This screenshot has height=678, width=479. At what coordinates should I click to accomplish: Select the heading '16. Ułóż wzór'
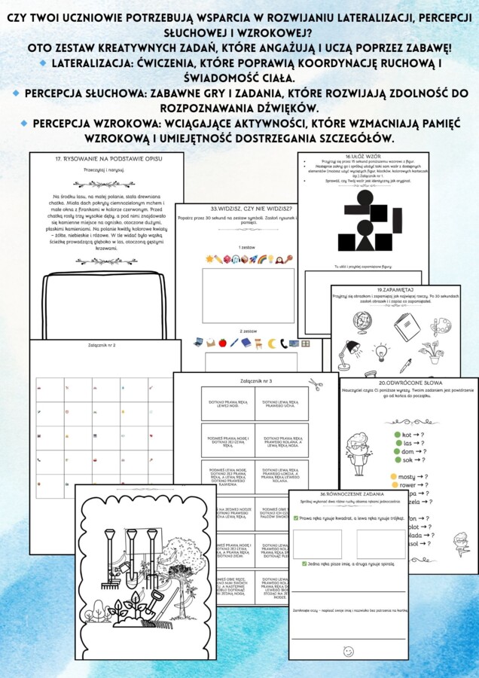pyautogui.click(x=362, y=156)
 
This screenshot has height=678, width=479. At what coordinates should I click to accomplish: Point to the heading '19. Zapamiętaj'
pyautogui.click(x=396, y=289)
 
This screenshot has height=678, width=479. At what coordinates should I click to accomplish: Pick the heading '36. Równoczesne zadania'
pyautogui.click(x=348, y=494)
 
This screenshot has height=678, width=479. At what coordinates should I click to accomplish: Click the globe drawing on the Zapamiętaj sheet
pyautogui.click(x=361, y=324)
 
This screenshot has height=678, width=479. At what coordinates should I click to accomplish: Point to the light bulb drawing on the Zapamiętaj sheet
pyautogui.click(x=382, y=352)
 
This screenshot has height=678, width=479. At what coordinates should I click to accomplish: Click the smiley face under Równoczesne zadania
pyautogui.click(x=348, y=651)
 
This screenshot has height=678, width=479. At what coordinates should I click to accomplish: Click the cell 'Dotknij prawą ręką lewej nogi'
pyautogui.click(x=228, y=404)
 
